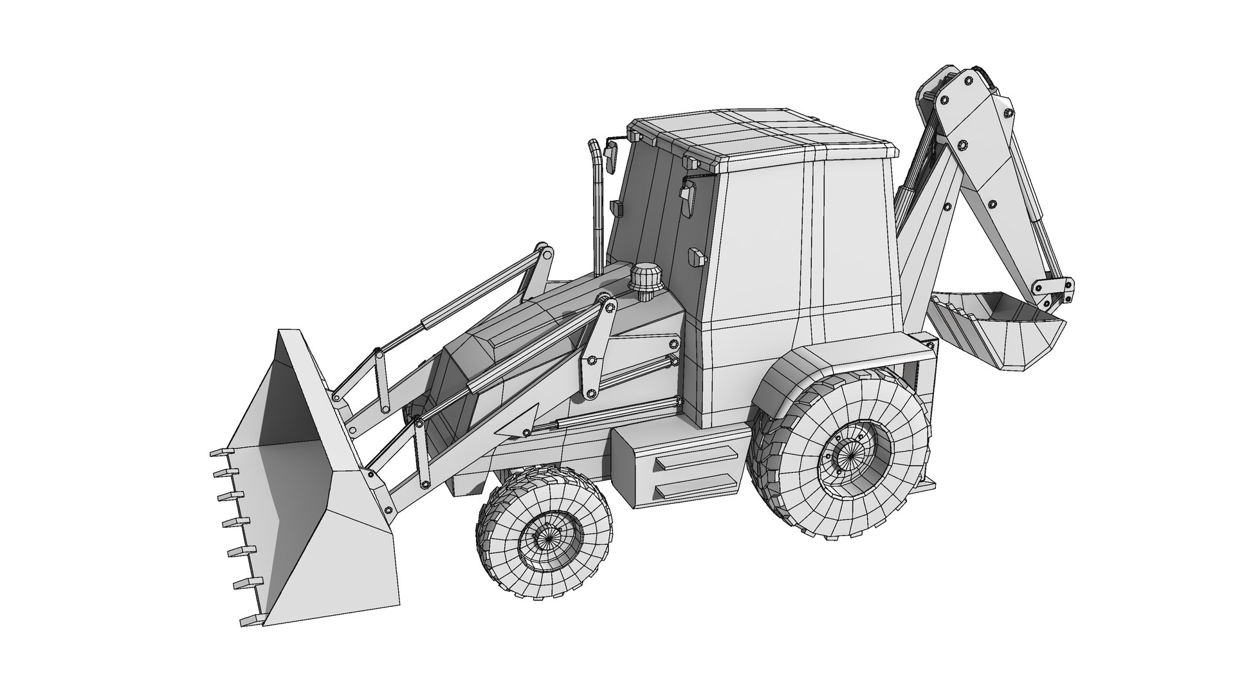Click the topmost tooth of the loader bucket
pos(219,452)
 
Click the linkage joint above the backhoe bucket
pos(1055,286)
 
